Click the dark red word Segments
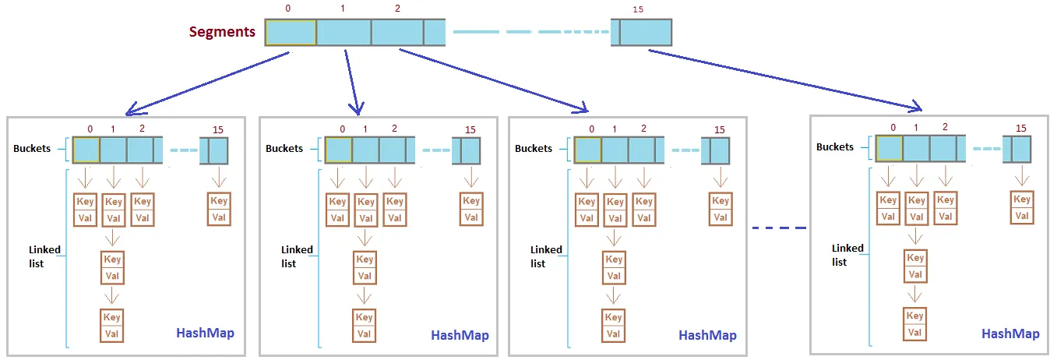coord(222,33)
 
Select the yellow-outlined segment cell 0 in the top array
coord(291,32)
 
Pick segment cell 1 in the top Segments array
coord(344,32)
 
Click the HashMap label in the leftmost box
coord(205,333)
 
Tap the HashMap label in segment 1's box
coord(460,335)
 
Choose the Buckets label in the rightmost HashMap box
coord(835,147)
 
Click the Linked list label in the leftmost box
coord(45,256)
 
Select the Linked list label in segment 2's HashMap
coord(546,256)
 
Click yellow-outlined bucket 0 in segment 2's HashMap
coord(587,150)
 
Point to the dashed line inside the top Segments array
coord(530,32)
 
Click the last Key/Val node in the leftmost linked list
coord(112,326)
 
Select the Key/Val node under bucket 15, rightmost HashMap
coord(1022,207)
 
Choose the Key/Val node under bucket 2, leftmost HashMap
coord(142,210)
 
